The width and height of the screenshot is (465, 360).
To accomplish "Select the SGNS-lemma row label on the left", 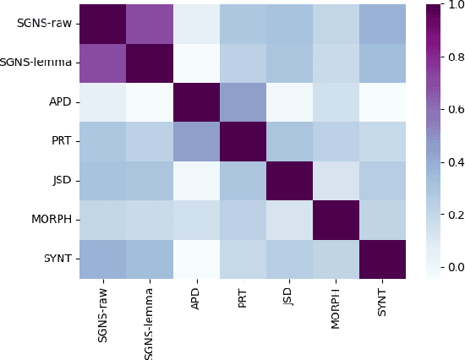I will click(x=37, y=63).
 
